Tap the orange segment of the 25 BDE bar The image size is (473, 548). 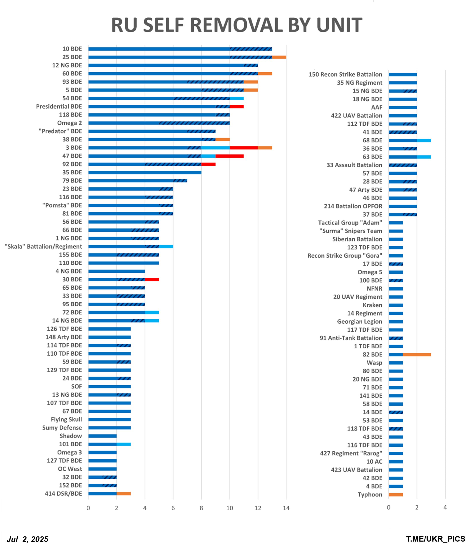click(279, 57)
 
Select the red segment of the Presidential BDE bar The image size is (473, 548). click(237, 107)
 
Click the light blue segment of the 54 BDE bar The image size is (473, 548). click(237, 98)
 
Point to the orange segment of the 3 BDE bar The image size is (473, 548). click(265, 148)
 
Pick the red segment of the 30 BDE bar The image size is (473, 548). click(152, 280)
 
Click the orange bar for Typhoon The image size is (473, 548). click(396, 494)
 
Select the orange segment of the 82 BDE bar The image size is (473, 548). click(417, 355)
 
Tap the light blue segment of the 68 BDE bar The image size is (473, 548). click(424, 140)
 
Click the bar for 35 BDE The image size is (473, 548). click(145, 173)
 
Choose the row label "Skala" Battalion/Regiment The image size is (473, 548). click(43, 247)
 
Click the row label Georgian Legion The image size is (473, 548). click(360, 322)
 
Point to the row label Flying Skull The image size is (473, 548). click(66, 420)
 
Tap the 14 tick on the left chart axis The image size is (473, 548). click(286, 508)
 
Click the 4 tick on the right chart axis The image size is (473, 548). click(445, 508)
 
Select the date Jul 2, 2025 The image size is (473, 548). click(27, 539)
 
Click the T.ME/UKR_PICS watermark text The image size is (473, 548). click(436, 539)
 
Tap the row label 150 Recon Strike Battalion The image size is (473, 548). click(346, 74)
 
